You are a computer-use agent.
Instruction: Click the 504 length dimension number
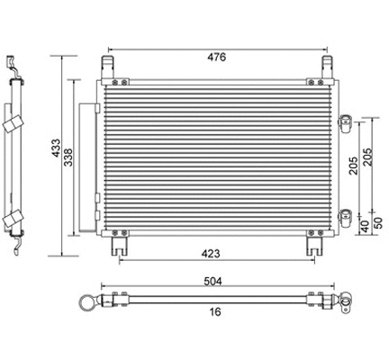point(214,281)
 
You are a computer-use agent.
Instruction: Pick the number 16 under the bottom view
point(214,312)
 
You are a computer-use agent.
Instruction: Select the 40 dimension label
point(363,225)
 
